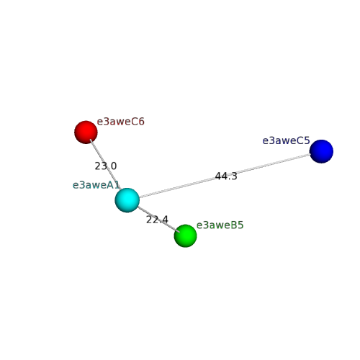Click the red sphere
pyautogui.click(x=86, y=132)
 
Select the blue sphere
pyautogui.click(x=321, y=151)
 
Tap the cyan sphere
pyautogui.click(x=127, y=200)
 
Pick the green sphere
pyautogui.click(x=186, y=235)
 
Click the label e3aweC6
pyautogui.click(x=120, y=122)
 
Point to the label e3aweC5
pyautogui.click(x=286, y=140)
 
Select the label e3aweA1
pyautogui.click(x=96, y=185)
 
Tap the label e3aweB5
pyautogui.click(x=220, y=225)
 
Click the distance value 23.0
pyautogui.click(x=106, y=166)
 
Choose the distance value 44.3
pyautogui.click(x=226, y=176)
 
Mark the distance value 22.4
pyautogui.click(x=157, y=220)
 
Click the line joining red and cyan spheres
pyautogui.click(x=105, y=164)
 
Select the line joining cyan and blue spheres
pyautogui.click(x=225, y=176)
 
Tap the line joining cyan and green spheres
pyautogui.click(x=158, y=219)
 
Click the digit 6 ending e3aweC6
pyautogui.click(x=142, y=122)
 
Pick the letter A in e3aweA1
pyautogui.click(x=110, y=185)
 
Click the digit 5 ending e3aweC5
pyautogui.click(x=307, y=140)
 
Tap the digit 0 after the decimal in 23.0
pyautogui.click(x=114, y=166)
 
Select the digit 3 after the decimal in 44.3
pyautogui.click(x=235, y=176)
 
